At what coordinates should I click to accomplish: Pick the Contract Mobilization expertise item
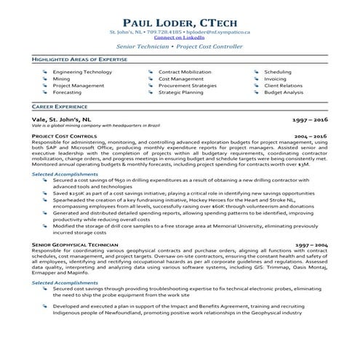click(186, 73)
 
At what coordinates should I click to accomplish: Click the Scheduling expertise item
click(278, 73)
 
